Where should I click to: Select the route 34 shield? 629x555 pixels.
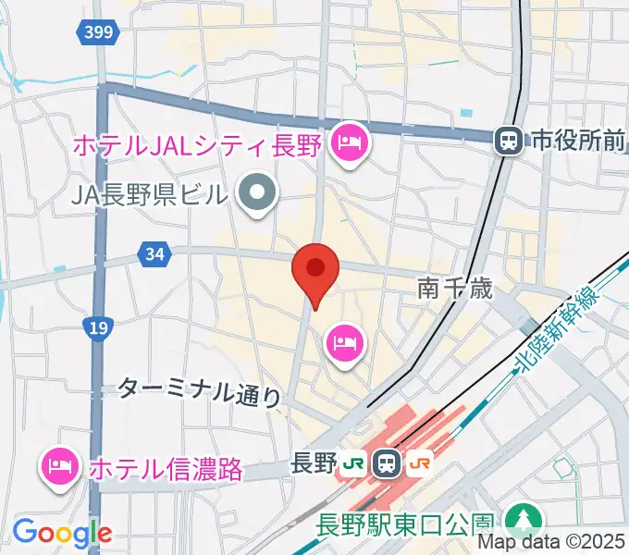click(x=155, y=253)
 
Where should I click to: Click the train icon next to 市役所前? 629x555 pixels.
click(x=508, y=141)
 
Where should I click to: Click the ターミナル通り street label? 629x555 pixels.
click(x=199, y=391)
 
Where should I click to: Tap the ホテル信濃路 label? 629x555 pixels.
click(x=166, y=468)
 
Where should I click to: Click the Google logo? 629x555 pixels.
click(x=62, y=533)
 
